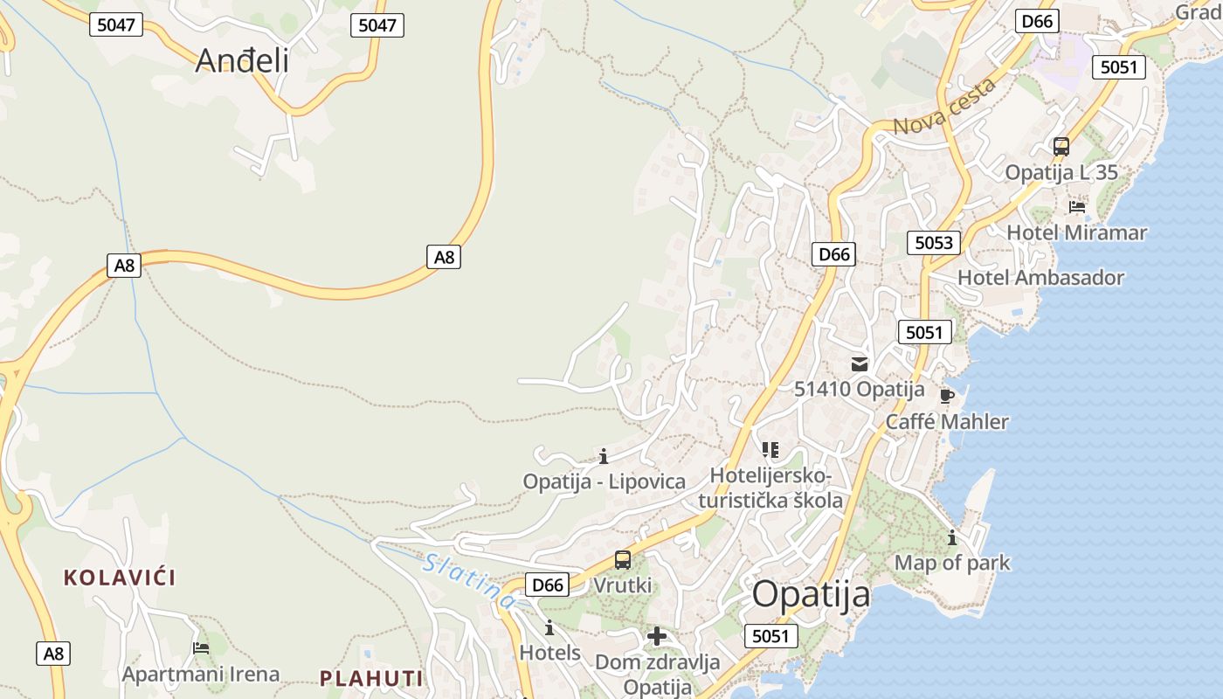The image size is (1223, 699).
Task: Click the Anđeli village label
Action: pos(242,60)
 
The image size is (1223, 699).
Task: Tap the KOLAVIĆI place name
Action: pos(120,578)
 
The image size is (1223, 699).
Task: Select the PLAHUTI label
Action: pos(371,678)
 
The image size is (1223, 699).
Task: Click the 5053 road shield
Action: pos(933,242)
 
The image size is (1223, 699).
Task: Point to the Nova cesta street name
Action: pos(944,108)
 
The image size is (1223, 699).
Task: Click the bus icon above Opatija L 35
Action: pos(1061,147)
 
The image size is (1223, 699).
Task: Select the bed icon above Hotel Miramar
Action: pos(1077,207)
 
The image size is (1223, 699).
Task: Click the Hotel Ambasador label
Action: pos(1040,278)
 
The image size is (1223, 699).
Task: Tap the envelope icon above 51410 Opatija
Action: pos(860,364)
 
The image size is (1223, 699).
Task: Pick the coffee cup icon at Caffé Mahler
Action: pos(946,396)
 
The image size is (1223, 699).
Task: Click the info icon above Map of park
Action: pos(952,537)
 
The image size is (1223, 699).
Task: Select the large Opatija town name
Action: pos(811,594)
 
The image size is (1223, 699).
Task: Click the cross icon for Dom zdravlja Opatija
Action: pos(657,636)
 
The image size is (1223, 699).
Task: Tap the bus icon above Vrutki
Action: pos(623,560)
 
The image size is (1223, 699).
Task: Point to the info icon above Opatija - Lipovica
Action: pos(604,456)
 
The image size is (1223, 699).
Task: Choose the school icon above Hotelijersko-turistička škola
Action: pos(770,450)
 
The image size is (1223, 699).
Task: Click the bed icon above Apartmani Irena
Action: pos(201,648)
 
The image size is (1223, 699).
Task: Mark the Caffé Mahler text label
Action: pos(947,422)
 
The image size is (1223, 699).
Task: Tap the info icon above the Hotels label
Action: pos(549,627)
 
